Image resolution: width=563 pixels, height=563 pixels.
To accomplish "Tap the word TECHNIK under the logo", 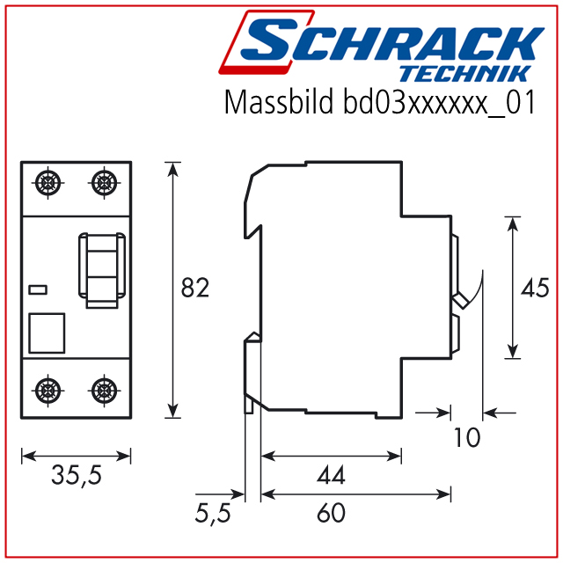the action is [x=465, y=74].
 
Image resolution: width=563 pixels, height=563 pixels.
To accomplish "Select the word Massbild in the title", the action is [x=279, y=102].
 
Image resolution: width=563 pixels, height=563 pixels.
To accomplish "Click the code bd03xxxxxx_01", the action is [x=439, y=103].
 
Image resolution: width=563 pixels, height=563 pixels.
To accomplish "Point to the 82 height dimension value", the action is [x=195, y=288].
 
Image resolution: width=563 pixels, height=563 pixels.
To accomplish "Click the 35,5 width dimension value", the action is [x=77, y=475].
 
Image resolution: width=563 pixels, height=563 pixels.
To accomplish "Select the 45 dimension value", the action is [x=535, y=288].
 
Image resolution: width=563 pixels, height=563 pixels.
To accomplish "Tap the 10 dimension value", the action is [x=467, y=437].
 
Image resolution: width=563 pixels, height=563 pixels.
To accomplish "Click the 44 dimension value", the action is [x=331, y=475].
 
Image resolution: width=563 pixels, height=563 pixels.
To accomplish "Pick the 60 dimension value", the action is [x=331, y=513].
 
